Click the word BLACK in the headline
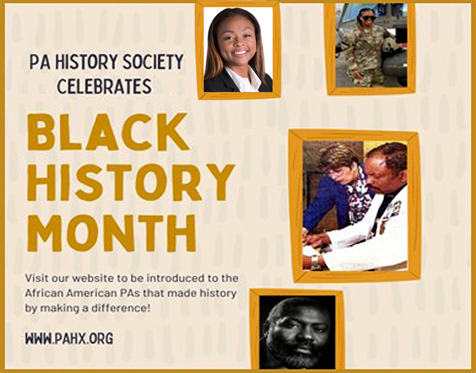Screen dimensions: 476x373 click(x=108, y=132)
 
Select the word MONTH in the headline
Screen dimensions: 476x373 click(x=111, y=233)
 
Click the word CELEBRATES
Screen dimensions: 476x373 click(x=104, y=86)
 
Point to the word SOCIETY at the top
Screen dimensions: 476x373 click(x=153, y=62)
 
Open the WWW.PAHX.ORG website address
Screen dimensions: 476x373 click(x=69, y=338)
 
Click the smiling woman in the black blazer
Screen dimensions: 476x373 click(x=238, y=50)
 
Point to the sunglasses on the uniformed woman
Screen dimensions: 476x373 click(x=369, y=18)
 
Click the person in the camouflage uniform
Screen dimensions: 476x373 click(x=363, y=49)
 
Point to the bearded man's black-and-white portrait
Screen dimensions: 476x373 click(x=297, y=332)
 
